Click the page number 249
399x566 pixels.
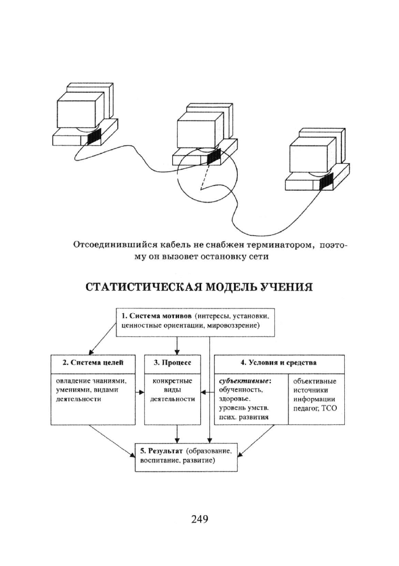click(200, 519)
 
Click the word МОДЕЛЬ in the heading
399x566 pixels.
click(232, 287)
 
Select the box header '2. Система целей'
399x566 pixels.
click(93, 363)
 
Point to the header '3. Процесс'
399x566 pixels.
click(173, 363)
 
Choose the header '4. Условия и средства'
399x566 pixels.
click(279, 363)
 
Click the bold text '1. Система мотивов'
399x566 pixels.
click(156, 316)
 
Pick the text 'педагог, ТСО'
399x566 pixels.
click(314, 409)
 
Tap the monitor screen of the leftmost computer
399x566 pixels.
click(76, 113)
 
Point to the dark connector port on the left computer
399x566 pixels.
click(95, 137)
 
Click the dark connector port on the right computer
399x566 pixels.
click(327, 181)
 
